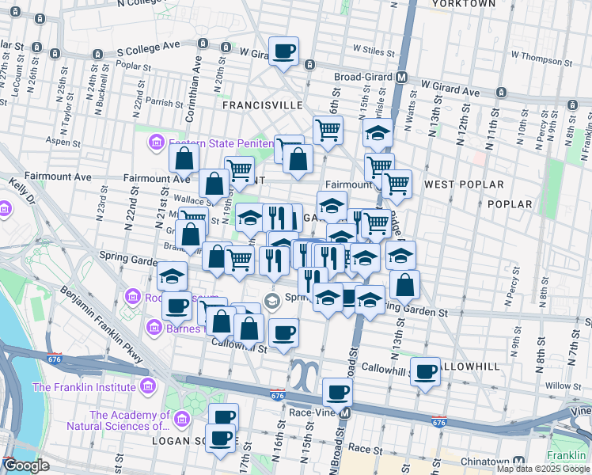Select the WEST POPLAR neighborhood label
point(464,184)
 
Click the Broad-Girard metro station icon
point(402,78)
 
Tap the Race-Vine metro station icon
point(344,413)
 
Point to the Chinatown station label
point(484,461)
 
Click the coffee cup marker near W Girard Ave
point(283,52)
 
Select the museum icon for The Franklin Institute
point(147,387)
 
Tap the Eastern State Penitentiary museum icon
point(156,142)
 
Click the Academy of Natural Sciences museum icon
point(183,419)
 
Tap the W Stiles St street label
point(374,48)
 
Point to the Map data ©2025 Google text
point(543,469)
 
